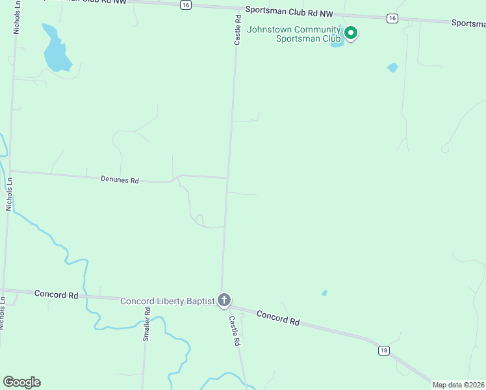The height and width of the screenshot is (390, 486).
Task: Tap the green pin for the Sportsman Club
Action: coord(351,32)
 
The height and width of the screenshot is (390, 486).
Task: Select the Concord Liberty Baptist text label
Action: coord(168,301)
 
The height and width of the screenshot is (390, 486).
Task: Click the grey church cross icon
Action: coord(224,300)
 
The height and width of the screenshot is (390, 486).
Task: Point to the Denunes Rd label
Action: coord(120,179)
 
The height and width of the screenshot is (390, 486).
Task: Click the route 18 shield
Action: coord(384,350)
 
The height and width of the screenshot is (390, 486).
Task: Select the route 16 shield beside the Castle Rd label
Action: coord(186,5)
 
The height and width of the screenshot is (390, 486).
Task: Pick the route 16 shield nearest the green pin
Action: coord(392,19)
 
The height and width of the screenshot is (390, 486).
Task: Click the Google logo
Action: coord(21,382)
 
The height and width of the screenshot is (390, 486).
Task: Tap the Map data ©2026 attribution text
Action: coord(458,385)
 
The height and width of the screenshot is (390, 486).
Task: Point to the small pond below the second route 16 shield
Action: coord(392,67)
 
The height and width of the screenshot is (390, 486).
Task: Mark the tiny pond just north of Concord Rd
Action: coord(324,293)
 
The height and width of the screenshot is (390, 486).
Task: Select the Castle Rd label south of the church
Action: coord(235,331)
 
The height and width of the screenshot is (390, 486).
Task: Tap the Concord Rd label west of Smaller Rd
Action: coord(57,294)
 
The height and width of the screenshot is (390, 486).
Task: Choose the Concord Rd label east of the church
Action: coord(278,318)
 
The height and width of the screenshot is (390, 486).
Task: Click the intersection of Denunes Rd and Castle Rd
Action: coord(227,177)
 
